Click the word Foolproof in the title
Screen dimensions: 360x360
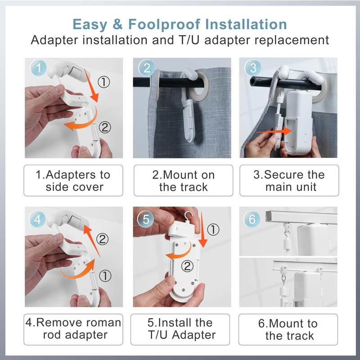click(164, 25)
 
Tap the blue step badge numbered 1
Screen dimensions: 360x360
click(38, 68)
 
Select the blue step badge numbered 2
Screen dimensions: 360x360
click(147, 68)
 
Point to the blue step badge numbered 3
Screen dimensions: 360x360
click(253, 68)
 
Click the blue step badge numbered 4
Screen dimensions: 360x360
click(38, 219)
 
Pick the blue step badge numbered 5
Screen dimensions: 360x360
click(145, 219)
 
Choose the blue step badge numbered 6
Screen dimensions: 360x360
click(252, 219)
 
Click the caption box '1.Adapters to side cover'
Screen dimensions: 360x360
click(73, 180)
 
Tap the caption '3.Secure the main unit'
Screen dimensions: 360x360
click(289, 180)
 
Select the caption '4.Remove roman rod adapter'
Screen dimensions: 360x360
click(73, 329)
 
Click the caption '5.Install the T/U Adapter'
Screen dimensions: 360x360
click(180, 329)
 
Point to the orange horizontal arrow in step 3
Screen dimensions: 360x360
click(274, 131)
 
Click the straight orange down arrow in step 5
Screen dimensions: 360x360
click(202, 229)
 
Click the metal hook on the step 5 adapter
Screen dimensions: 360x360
click(189, 217)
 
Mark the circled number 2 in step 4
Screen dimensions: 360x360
click(103, 239)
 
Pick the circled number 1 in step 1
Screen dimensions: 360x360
click(104, 82)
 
